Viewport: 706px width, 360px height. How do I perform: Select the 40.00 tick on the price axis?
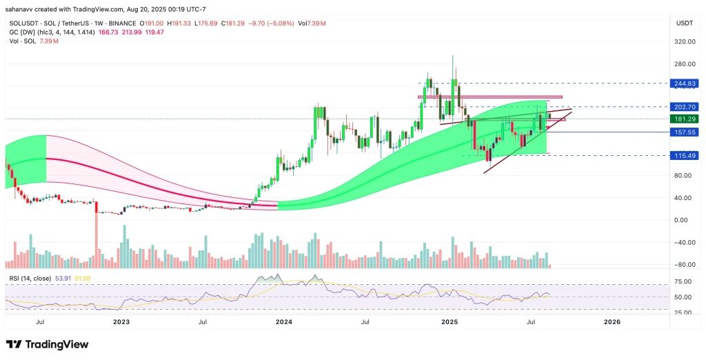click(683, 198)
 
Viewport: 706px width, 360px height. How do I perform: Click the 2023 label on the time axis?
click(121, 321)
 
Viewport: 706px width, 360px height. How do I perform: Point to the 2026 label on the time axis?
click(612, 321)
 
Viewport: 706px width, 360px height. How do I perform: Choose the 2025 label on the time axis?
click(449, 321)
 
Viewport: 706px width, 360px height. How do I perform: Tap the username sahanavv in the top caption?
click(23, 8)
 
